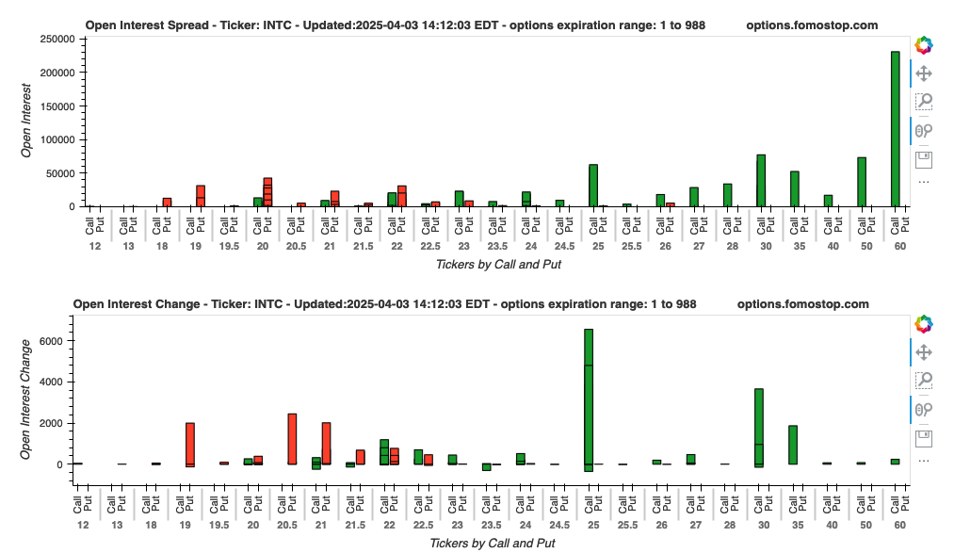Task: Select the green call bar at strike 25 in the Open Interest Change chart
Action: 589,396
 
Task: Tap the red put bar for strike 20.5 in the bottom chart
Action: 292,439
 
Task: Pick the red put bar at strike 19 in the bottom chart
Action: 190,443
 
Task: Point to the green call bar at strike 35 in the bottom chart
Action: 793,445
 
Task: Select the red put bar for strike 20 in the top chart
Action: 267,192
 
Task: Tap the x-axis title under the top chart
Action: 498,265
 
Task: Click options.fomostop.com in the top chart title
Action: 812,25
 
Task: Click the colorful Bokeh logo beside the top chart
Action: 923,44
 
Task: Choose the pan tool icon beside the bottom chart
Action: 924,351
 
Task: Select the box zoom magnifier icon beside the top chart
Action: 924,102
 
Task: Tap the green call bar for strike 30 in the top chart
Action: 760,180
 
